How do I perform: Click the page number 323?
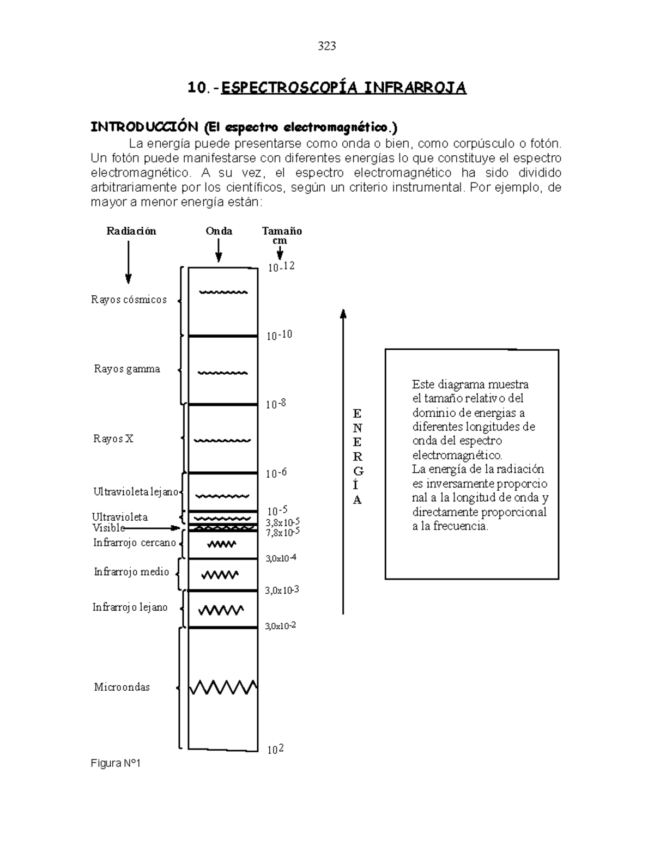tap(326, 46)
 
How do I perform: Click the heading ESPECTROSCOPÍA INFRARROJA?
tap(343, 88)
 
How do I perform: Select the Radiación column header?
tap(131, 231)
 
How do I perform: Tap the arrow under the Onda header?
tap(219, 252)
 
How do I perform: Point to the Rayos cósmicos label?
tap(129, 300)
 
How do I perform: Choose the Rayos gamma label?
tap(127, 369)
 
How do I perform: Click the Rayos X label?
tap(113, 439)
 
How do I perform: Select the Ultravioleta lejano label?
tap(136, 492)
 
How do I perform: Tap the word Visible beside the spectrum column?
tap(108, 528)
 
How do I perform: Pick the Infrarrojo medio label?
tap(131, 572)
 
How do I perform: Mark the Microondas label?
tap(122, 687)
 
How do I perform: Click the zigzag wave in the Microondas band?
tap(223, 687)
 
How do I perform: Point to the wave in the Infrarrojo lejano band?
tap(221, 610)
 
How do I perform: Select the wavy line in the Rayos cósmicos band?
tap(223, 293)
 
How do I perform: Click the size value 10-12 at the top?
tap(281, 267)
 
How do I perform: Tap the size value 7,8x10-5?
tap(282, 532)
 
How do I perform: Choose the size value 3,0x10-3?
tap(281, 590)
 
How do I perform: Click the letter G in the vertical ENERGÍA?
tap(358, 471)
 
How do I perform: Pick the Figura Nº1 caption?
tap(116, 764)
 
